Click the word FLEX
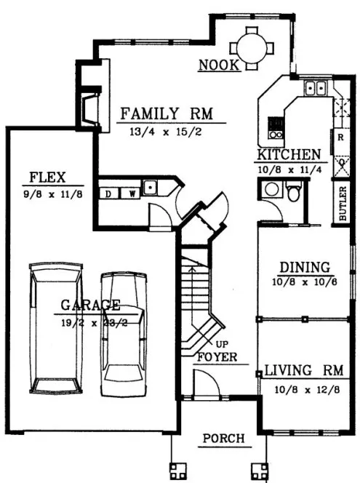(47, 177)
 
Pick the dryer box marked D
(109, 193)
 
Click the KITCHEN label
(288, 155)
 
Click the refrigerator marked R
(340, 136)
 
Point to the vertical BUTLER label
(342, 204)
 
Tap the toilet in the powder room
(292, 193)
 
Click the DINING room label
(304, 268)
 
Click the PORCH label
(223, 439)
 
